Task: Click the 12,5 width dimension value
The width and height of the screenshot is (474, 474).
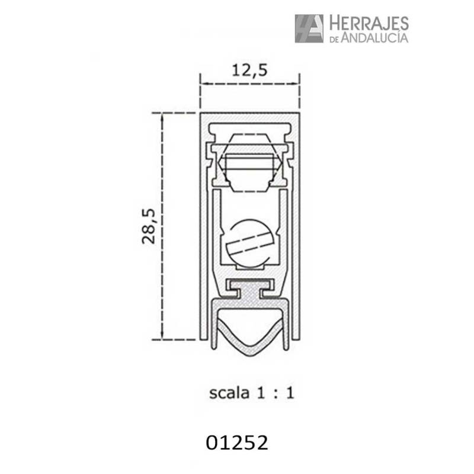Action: [249, 70]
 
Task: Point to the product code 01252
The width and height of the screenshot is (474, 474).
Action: [237, 443]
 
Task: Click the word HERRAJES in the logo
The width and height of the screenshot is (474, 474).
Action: [367, 23]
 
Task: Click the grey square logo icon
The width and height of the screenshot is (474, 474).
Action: [309, 28]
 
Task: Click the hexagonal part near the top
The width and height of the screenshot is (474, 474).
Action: [249, 163]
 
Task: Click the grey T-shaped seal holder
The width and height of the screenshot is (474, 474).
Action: [249, 291]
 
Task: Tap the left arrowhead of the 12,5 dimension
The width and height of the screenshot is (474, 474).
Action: [202, 84]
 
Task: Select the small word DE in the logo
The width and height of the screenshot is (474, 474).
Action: [333, 39]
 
